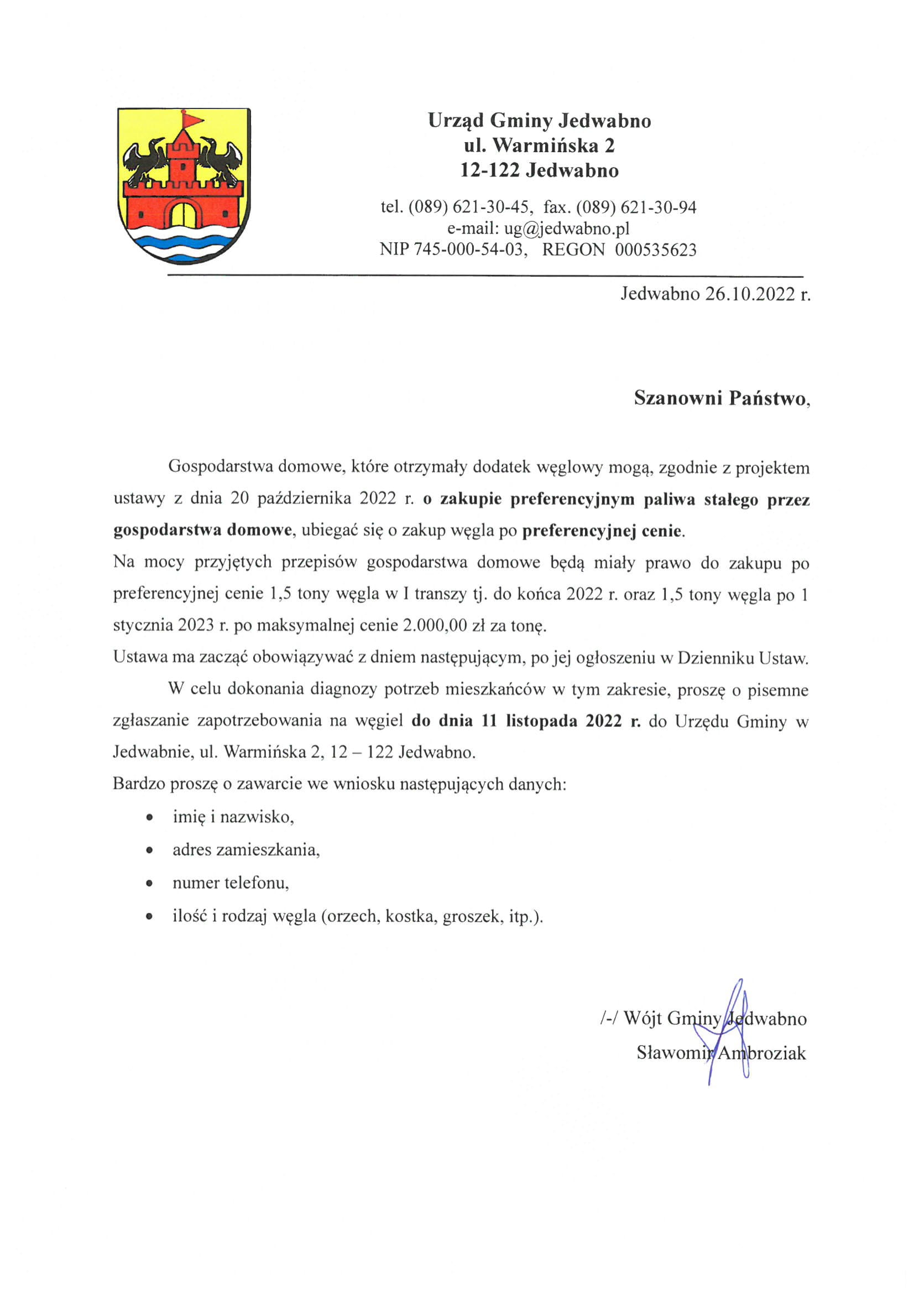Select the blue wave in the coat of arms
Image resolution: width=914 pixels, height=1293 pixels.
click(x=184, y=243)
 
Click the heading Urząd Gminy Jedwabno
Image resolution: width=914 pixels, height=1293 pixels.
click(x=539, y=121)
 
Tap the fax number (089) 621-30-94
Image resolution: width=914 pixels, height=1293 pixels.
click(x=636, y=207)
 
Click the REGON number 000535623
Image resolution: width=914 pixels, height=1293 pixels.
click(x=656, y=250)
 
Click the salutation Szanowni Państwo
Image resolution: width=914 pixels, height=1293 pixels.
click(x=720, y=398)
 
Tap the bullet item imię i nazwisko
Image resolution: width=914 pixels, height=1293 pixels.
click(x=233, y=817)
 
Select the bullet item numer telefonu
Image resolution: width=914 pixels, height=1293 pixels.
click(x=231, y=882)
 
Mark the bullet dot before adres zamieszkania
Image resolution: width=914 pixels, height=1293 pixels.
click(x=149, y=850)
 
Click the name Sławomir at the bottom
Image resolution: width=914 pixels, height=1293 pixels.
click(x=673, y=1052)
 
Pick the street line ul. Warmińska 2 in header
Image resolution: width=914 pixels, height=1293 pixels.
click(x=539, y=146)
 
